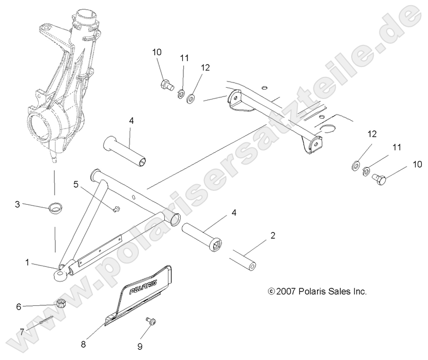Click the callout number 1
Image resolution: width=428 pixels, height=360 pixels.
tap(27, 263)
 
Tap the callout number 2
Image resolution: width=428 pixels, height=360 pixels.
tap(273, 236)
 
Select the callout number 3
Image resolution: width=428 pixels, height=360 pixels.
tap(17, 205)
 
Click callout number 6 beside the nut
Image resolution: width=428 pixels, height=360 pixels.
tap(19, 306)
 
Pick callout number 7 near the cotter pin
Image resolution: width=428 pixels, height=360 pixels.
tap(22, 330)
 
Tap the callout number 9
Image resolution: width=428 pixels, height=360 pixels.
tap(139, 346)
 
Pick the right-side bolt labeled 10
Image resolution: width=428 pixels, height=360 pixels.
tap(380, 179)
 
